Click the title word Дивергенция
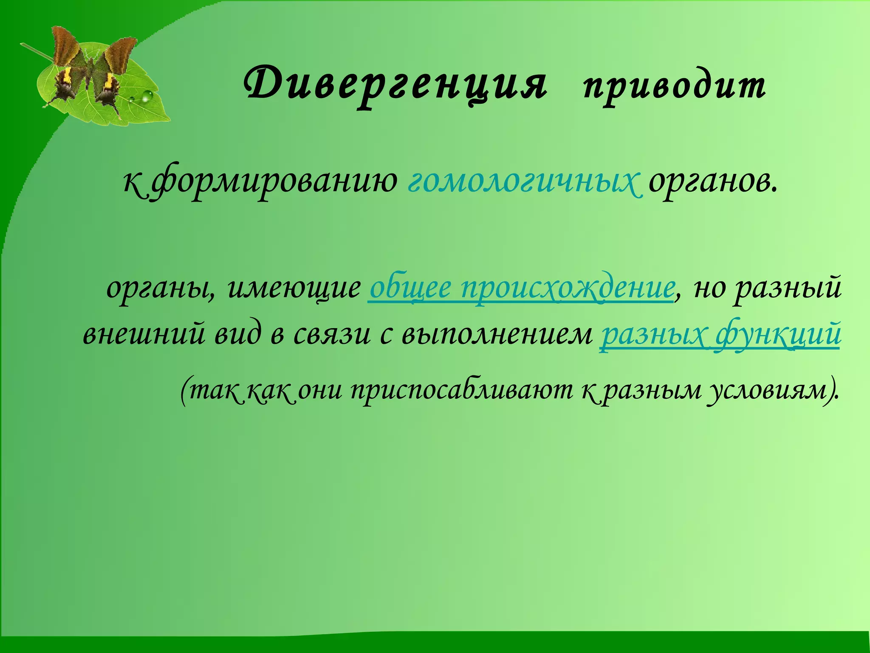[x=395, y=85]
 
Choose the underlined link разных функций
[x=720, y=336]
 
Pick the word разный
[x=788, y=289]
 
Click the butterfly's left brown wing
[x=66, y=47]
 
